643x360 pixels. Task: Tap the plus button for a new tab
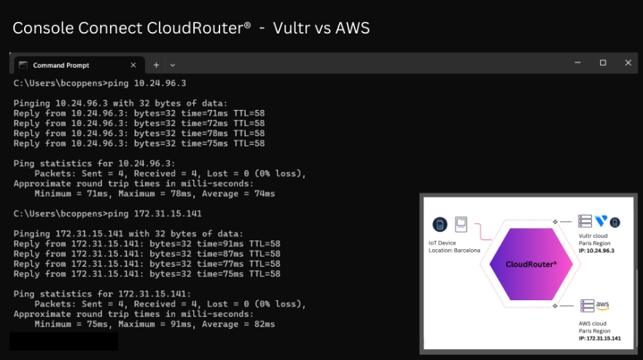click(x=156, y=65)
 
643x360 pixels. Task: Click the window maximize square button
click(x=603, y=63)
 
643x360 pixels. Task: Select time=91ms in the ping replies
click(x=219, y=243)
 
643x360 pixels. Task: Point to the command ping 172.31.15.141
click(x=154, y=214)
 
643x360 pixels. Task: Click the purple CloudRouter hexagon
click(x=530, y=265)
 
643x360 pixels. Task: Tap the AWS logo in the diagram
click(x=603, y=305)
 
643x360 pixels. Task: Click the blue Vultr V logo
click(x=601, y=222)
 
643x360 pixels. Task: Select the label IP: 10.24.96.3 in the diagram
click(x=596, y=250)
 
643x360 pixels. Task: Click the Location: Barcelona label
click(x=454, y=250)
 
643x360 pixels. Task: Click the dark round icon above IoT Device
click(x=440, y=224)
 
